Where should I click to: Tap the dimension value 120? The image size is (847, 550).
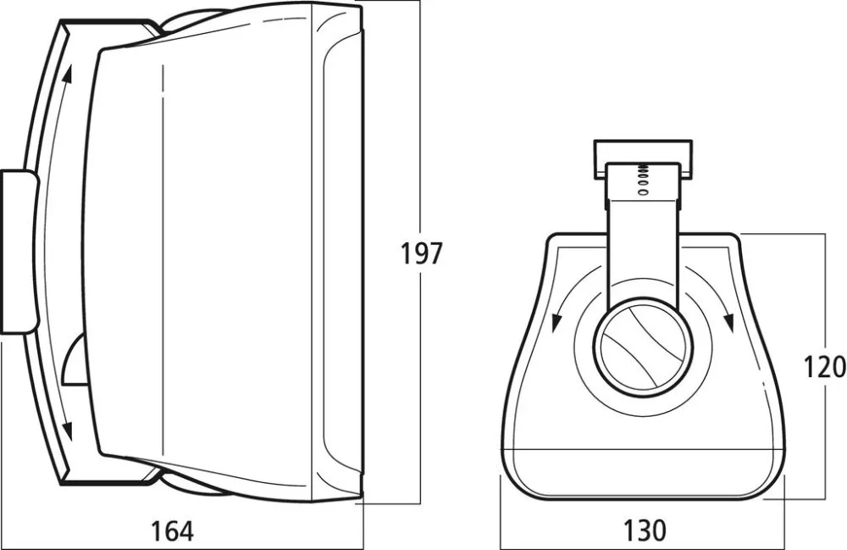click(825, 367)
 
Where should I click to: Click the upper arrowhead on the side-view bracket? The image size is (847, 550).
click(67, 75)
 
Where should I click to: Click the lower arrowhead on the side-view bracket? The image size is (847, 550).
click(68, 430)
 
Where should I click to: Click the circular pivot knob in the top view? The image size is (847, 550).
click(642, 346)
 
